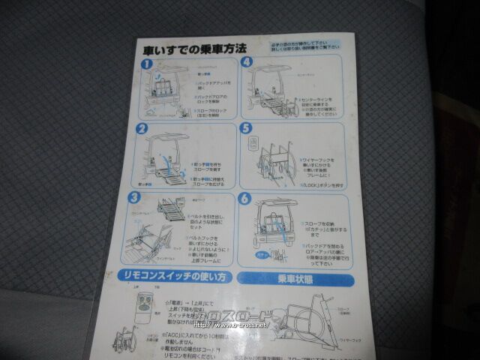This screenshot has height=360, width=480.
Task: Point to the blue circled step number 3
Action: click(x=135, y=199)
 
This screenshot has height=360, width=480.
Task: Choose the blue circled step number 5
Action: click(x=246, y=128)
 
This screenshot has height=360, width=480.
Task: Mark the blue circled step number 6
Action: click(x=245, y=199)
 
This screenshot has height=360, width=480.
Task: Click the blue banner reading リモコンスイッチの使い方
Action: click(x=174, y=277)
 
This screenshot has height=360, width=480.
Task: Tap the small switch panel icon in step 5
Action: click(x=254, y=144)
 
